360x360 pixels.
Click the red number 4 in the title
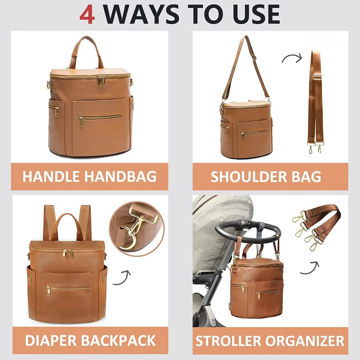(87, 15)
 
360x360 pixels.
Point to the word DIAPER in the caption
(50, 340)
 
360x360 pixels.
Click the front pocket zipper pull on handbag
(82, 121)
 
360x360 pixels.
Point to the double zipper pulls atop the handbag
(101, 81)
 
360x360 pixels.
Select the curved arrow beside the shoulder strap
(292, 58)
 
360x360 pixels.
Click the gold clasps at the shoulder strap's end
(315, 149)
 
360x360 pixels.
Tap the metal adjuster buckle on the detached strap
(317, 77)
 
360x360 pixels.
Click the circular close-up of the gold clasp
(136, 229)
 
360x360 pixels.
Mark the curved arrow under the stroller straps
(309, 268)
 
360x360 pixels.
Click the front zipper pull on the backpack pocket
(48, 290)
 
